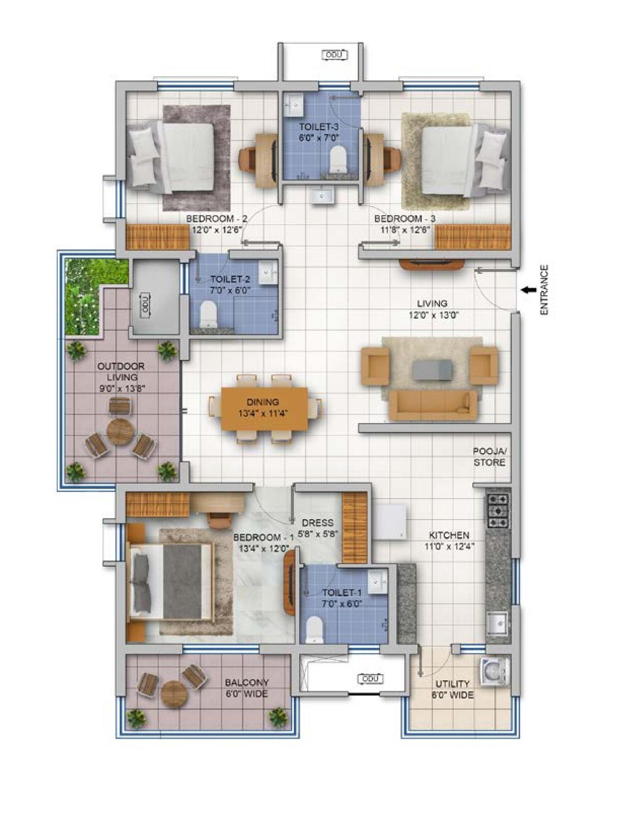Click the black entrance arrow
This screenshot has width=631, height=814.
(x=528, y=290)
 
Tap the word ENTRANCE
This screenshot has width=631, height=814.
(x=544, y=290)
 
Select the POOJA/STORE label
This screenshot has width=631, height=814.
(x=489, y=457)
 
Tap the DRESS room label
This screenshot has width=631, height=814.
(x=318, y=523)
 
